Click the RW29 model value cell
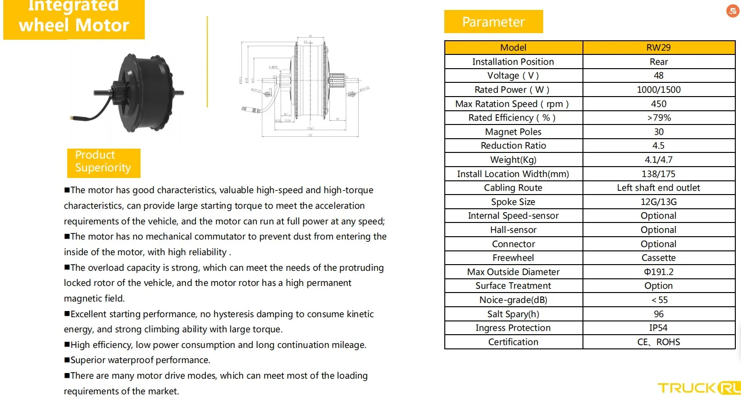658,47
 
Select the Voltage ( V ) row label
513,76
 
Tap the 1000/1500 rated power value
658,89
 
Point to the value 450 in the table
658,104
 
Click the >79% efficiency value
658,117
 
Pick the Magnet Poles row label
513,132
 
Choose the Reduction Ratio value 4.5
658,146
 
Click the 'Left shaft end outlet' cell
658,188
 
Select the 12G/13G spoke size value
658,202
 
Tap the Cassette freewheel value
658,258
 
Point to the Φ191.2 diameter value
658,272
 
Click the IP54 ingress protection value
658,328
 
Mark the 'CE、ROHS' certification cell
658,342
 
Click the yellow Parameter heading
493,22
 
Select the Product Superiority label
103,162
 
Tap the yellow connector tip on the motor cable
71,117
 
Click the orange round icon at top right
732,11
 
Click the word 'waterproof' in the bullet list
131,360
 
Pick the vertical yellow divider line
207,62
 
